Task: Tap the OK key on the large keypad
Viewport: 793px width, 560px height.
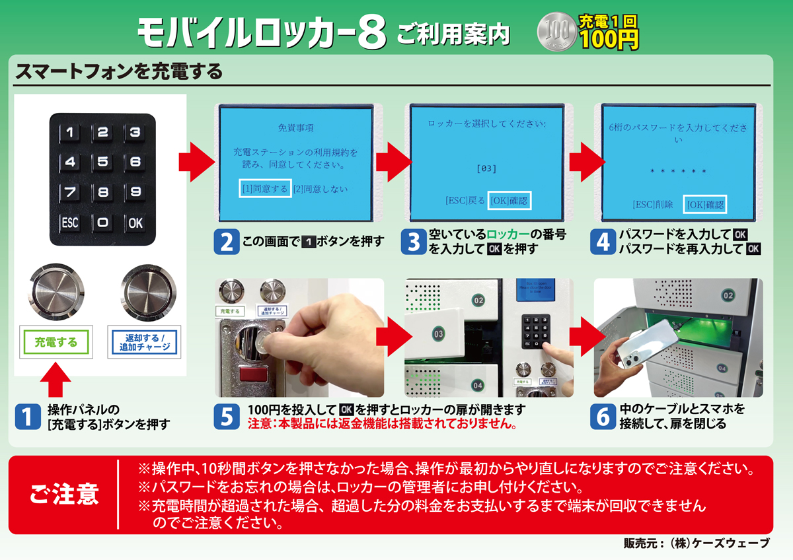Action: (135, 223)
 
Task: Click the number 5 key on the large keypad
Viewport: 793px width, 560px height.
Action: (102, 162)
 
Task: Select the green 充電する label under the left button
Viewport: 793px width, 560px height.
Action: (56, 342)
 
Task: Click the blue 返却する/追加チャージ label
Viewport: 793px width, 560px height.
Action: (143, 342)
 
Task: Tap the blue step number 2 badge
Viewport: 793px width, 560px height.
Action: (226, 241)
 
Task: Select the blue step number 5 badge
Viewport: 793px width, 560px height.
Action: (226, 416)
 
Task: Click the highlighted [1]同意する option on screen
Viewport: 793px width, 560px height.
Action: (265, 189)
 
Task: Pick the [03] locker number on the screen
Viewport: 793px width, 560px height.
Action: (486, 169)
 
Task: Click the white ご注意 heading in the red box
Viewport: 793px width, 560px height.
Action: (64, 494)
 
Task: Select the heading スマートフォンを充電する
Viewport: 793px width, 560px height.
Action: (119, 71)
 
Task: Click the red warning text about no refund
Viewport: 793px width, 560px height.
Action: (382, 423)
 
